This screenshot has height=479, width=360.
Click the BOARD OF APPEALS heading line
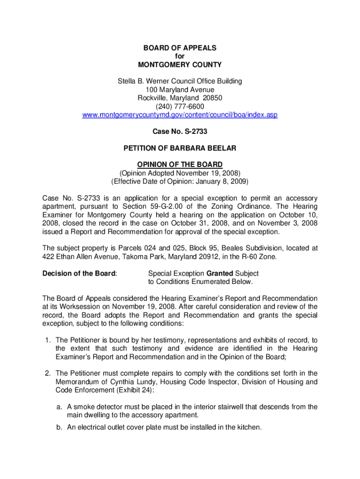180,48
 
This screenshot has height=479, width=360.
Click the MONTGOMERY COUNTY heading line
180,65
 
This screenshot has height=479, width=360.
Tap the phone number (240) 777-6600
180,106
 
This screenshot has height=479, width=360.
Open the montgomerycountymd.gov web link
180,115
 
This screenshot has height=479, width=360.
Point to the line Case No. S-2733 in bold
180,131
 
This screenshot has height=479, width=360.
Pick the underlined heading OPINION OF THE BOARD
180,165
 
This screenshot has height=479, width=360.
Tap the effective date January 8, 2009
223,181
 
